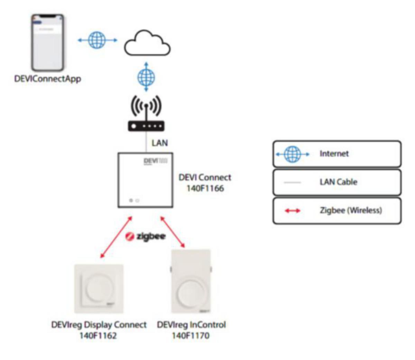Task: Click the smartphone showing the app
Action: tap(48, 42)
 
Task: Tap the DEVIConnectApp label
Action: tap(48, 79)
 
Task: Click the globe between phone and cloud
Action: tap(97, 40)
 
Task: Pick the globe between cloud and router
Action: tap(146, 77)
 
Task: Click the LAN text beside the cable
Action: tap(160, 143)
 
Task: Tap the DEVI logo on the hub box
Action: tap(151, 161)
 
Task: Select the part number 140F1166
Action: tap(205, 188)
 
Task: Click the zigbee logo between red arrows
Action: tap(146, 237)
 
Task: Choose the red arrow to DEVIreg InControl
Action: tap(173, 232)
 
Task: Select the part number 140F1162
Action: tap(99, 335)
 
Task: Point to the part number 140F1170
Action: tap(191, 335)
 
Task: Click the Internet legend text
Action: tap(334, 154)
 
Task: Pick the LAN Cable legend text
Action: tap(338, 182)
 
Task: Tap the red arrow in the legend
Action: tap(293, 210)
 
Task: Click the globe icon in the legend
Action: tap(293, 154)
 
